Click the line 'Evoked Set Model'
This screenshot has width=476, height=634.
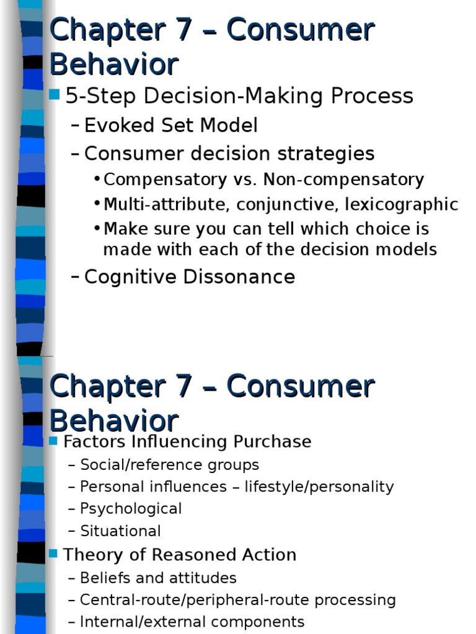170,126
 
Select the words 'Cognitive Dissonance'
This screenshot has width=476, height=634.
189,277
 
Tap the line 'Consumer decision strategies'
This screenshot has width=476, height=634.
229,154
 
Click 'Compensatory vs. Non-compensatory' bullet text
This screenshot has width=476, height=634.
263,180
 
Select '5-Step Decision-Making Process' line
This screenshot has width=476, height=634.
239,96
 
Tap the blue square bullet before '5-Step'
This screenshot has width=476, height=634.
55,95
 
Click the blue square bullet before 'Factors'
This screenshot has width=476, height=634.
53,441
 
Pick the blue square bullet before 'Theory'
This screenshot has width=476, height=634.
53,554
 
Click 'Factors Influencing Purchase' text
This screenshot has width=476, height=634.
187,441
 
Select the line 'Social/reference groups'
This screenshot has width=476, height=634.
169,465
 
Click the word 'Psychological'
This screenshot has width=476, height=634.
131,509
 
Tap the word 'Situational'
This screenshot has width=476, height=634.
120,531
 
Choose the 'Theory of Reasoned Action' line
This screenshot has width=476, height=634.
180,555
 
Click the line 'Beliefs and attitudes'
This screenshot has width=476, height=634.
158,578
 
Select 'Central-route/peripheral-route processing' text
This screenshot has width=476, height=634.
238,600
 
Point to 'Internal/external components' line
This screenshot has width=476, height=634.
192,622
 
